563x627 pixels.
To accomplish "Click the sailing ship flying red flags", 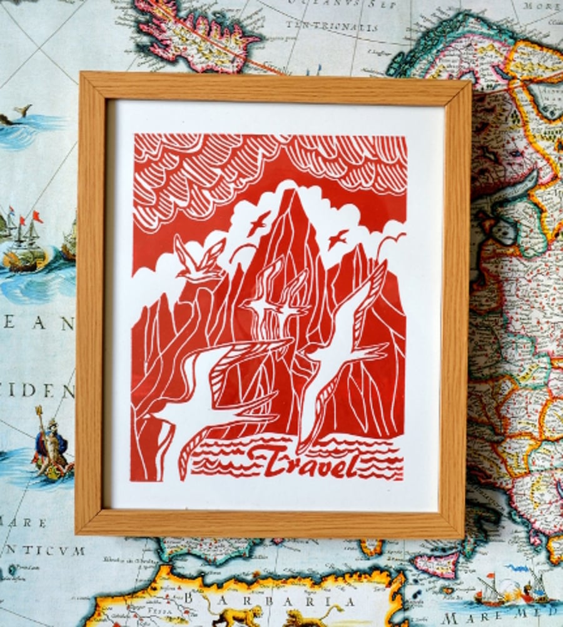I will click(25, 241).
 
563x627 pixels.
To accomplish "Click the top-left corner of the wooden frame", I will click(81, 74).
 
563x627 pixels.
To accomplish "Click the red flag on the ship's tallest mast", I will click(38, 217).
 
